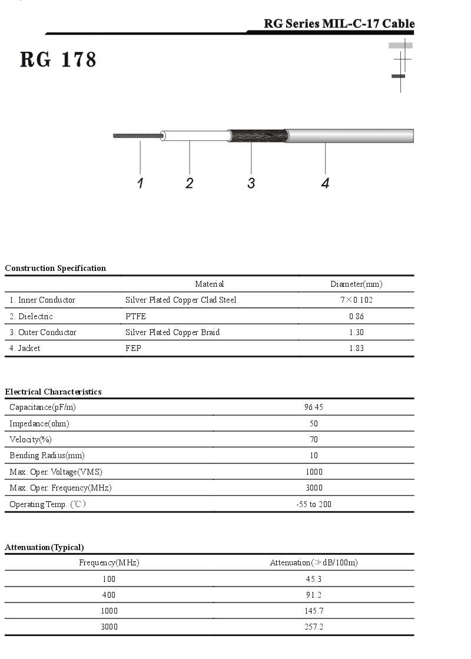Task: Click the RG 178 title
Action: pos(58,59)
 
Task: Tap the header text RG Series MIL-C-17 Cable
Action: pos(339,24)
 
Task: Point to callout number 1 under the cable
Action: pos(140,183)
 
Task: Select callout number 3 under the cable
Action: pos(251,183)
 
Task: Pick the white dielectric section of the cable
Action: pos(194,135)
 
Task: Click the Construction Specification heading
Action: pos(55,268)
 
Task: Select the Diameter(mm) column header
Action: pos(356,284)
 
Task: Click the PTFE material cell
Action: pos(135,316)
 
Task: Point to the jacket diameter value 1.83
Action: pos(356,348)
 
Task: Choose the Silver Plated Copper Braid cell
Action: pos(173,332)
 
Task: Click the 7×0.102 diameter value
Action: pos(356,300)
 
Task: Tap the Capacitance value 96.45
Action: pos(314,407)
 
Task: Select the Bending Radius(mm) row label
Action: pos(47,455)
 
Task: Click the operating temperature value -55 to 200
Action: pos(314,504)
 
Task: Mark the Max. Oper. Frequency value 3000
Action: pos(314,488)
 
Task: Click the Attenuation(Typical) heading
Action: pos(44,547)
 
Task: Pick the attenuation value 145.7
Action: pos(314,611)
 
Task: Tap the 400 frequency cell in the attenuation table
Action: pos(109,595)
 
